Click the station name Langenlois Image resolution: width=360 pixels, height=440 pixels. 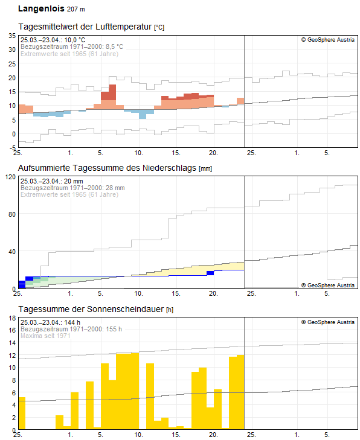40,9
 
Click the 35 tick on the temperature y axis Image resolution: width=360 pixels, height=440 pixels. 11,36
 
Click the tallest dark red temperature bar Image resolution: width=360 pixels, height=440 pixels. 108,92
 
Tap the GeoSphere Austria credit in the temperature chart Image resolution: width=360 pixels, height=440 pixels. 328,40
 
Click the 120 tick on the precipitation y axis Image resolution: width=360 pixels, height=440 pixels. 10,177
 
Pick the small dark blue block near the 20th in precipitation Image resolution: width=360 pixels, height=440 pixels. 210,273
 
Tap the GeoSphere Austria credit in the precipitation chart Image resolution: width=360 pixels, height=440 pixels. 328,285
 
